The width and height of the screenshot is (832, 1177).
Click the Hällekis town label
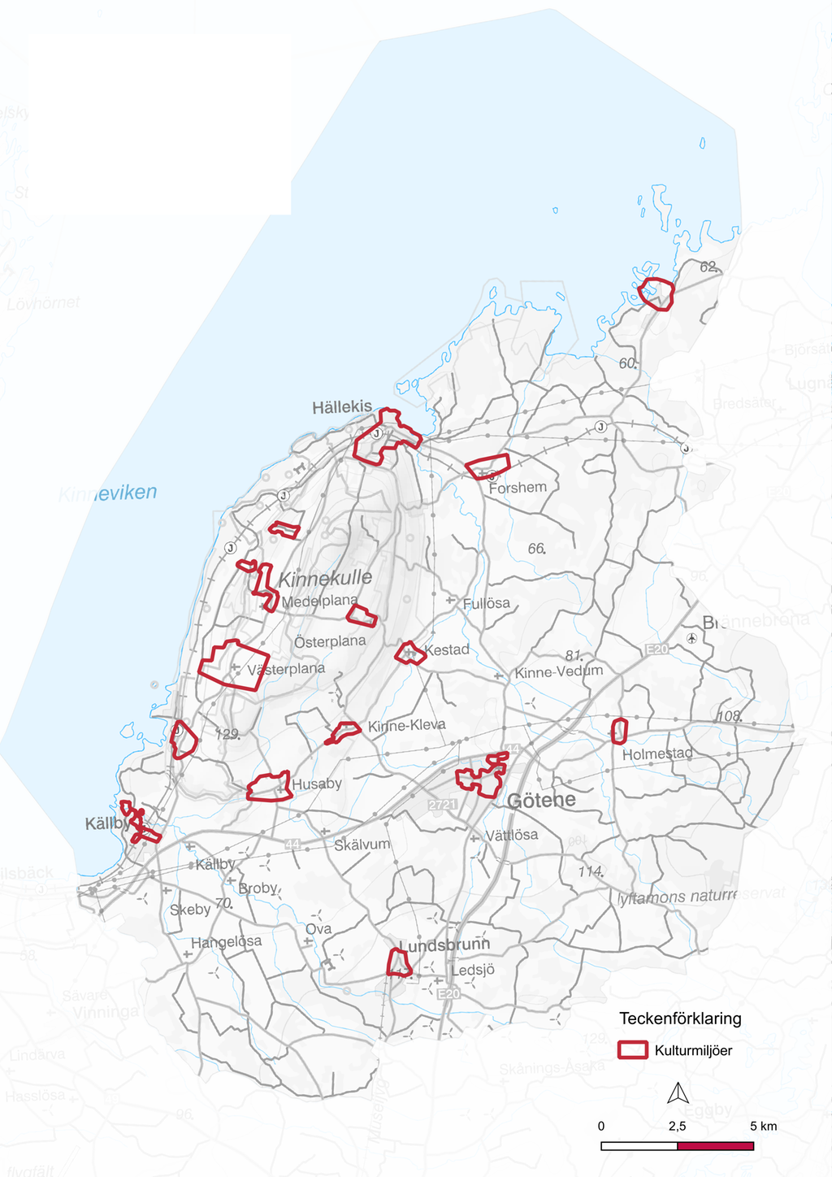click(x=342, y=406)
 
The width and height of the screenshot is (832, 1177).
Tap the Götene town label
click(x=541, y=800)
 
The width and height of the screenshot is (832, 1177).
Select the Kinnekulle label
click(x=325, y=579)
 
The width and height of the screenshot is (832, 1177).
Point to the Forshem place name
click(x=518, y=488)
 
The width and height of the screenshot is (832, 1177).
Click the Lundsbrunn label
click(x=445, y=945)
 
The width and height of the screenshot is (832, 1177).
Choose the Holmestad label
click(x=657, y=754)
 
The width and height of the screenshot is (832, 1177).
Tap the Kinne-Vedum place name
click(x=559, y=671)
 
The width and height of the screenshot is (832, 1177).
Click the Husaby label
click(x=317, y=784)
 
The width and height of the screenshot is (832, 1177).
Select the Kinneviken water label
click(x=107, y=493)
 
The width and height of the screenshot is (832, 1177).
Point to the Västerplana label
click(x=286, y=669)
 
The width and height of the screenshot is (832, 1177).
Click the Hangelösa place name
click(x=226, y=941)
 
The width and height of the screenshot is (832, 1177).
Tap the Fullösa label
click(x=486, y=603)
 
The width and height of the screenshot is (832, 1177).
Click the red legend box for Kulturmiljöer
click(x=632, y=1050)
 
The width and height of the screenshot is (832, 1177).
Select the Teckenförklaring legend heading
click(x=680, y=1018)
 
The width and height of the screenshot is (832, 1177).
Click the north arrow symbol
click(x=678, y=1094)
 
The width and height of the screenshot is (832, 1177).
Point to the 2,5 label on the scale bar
click(x=677, y=1126)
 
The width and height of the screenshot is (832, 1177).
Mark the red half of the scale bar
click(x=715, y=1145)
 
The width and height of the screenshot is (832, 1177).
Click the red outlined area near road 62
click(x=656, y=293)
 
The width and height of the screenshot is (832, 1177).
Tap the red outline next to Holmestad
click(x=619, y=731)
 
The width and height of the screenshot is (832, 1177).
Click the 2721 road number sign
click(x=443, y=804)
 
